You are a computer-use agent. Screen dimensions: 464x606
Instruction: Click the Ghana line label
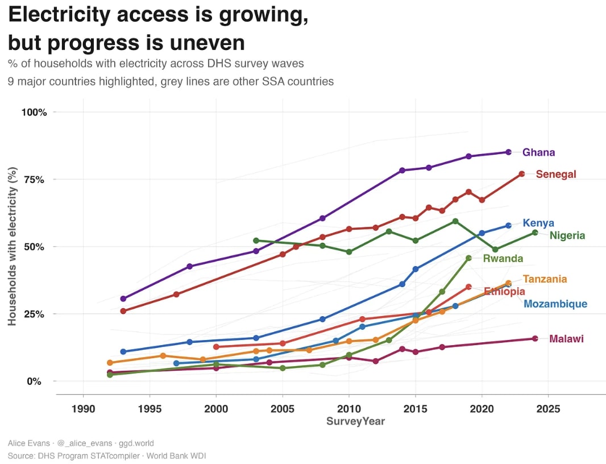[x=538, y=152]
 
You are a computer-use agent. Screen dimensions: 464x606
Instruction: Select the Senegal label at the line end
[x=556, y=175]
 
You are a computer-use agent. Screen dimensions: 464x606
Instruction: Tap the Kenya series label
[x=538, y=223]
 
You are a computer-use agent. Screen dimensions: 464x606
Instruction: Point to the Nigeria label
[x=567, y=235]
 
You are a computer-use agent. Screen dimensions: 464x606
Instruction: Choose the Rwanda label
[x=503, y=259]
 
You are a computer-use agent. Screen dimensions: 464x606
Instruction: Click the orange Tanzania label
[x=545, y=279]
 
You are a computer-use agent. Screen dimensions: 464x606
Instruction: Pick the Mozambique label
[x=555, y=304]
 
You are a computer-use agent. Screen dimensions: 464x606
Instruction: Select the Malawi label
[x=566, y=339]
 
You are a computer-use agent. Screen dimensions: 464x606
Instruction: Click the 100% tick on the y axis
[x=34, y=112]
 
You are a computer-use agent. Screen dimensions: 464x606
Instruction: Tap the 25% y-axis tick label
[x=36, y=314]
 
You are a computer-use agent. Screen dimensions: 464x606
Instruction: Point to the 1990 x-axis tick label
[x=83, y=409]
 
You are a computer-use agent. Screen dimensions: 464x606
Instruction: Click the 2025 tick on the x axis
[x=548, y=409]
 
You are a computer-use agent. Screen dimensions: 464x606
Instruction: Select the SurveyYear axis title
[x=355, y=421]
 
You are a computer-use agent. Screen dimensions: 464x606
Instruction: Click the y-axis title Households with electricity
[x=13, y=246]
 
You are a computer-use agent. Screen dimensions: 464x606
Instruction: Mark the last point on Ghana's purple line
[x=508, y=152]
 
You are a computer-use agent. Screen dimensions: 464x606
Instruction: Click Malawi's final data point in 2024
[x=535, y=338]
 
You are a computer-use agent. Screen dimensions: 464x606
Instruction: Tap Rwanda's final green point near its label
[x=468, y=258]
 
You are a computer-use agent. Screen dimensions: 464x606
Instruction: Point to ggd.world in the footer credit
[x=136, y=443]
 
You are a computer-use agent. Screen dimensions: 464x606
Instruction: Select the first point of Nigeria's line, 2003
[x=256, y=241]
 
